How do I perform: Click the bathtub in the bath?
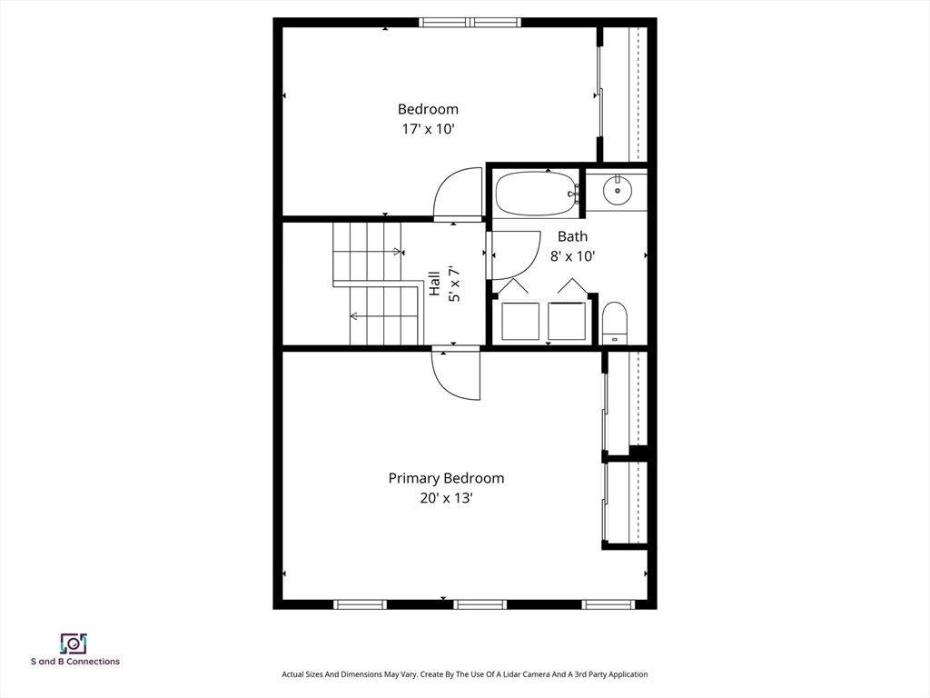coord(536,194)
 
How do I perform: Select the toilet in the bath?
coord(615,323)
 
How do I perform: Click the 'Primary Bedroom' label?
coord(446,478)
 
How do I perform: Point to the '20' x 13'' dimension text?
coord(446,498)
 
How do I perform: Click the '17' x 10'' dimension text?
coord(429,129)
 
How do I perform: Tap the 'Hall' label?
coord(435,284)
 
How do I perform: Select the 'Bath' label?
coord(572,236)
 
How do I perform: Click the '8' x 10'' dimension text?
coord(572,255)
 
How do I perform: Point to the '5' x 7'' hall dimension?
coord(454,284)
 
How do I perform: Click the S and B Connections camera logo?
coord(74,643)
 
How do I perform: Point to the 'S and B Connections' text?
coord(75,662)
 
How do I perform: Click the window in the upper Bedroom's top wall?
coord(470,23)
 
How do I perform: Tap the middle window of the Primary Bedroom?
coord(480,604)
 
